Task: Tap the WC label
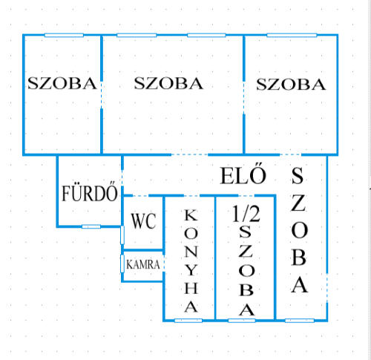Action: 143,221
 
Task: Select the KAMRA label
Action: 143,265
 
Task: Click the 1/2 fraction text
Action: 246,214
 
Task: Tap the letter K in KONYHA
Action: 191,215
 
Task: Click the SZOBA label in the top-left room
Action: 62,83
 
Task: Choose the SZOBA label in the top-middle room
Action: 168,83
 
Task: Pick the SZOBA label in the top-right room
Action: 291,85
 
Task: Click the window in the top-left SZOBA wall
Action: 64,35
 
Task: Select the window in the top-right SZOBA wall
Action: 292,35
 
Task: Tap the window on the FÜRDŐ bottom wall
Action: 91,226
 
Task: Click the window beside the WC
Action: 122,235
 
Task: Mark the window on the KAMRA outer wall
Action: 122,264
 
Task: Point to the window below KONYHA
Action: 188,321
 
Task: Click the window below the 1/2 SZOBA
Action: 242,321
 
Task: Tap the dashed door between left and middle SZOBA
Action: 102,95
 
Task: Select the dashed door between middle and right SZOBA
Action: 244,98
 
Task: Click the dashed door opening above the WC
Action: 140,196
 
